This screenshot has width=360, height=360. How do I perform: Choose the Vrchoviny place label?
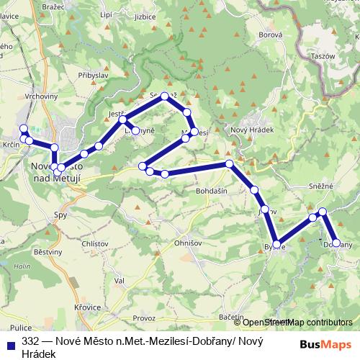click(41, 95)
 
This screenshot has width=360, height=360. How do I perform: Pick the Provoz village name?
click(143, 318)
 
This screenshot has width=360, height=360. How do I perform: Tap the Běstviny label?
click(48, 252)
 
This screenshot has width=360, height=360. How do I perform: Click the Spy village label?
click(61, 215)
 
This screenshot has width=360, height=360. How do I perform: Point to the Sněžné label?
click(323, 186)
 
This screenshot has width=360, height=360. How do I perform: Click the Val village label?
click(120, 280)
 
